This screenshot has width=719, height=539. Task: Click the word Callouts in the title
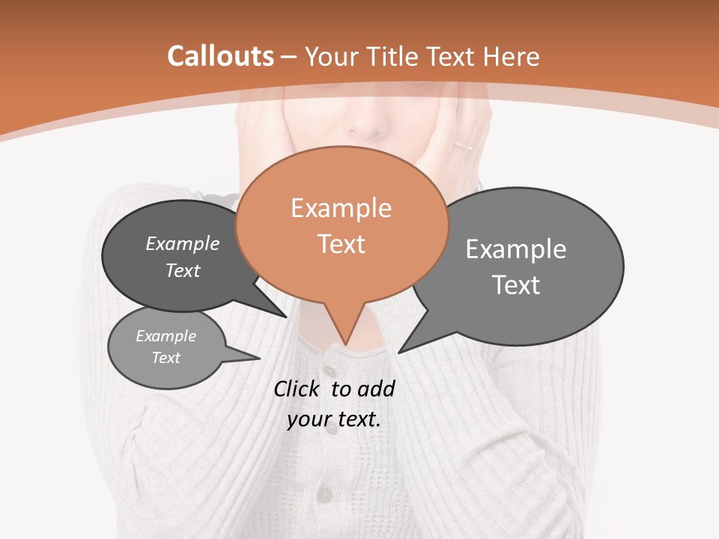tap(220, 56)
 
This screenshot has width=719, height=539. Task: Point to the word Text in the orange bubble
tap(341, 243)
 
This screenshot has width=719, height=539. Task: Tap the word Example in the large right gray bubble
tap(516, 249)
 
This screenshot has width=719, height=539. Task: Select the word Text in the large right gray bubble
tap(516, 284)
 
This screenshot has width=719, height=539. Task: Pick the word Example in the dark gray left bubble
tap(183, 243)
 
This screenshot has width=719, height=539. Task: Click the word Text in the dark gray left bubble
tap(183, 270)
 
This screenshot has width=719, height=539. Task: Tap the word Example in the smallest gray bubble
tap(166, 336)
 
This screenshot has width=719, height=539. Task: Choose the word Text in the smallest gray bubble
tap(166, 358)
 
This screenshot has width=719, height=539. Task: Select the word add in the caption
tap(375, 389)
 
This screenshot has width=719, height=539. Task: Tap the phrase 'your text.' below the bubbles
tap(333, 419)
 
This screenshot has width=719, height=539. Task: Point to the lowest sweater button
tap(324, 494)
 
